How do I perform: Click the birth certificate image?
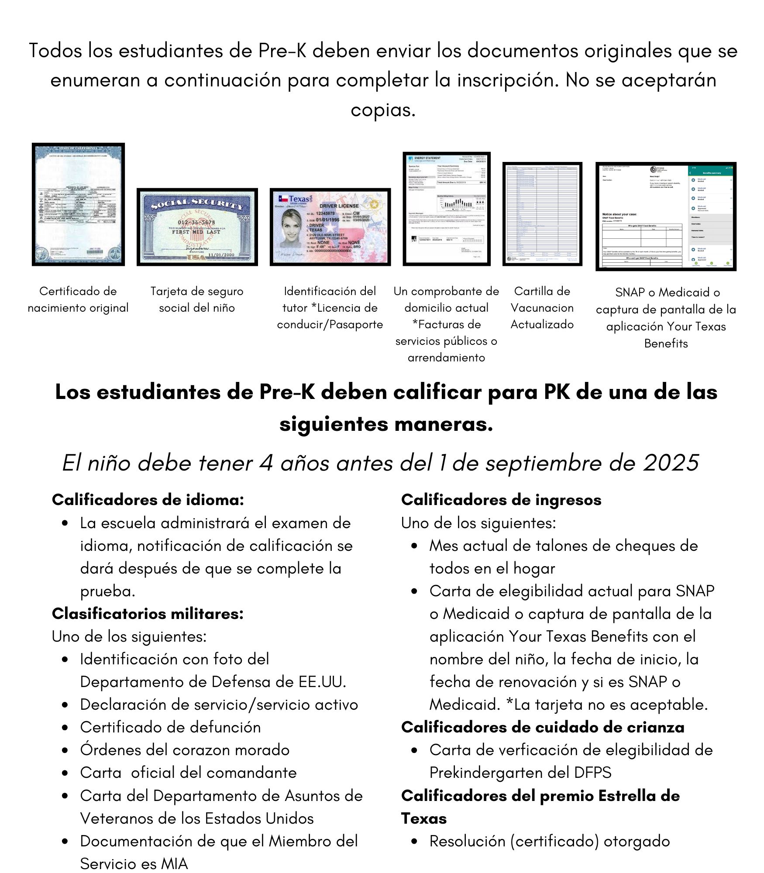[x=78, y=204]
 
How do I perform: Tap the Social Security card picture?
[x=197, y=227]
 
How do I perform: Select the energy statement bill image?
[x=446, y=209]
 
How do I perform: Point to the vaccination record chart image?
[x=542, y=214]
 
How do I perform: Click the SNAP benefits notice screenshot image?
[x=666, y=217]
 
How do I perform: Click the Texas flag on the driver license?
[x=283, y=199]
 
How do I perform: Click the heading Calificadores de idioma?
[x=148, y=500]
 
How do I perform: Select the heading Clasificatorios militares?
[x=148, y=614]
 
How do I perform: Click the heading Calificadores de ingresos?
[x=501, y=500]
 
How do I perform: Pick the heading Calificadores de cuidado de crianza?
[x=542, y=727]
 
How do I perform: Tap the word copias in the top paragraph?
[x=382, y=110]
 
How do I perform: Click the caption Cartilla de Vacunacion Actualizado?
[x=542, y=308]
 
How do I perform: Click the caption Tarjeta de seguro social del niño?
[x=196, y=299]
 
